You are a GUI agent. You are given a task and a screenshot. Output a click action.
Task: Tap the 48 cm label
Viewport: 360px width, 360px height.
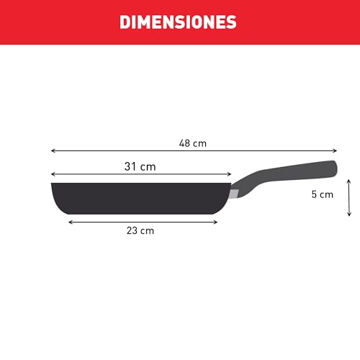click(x=193, y=143)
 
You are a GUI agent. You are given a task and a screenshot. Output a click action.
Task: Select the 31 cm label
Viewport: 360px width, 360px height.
click(x=140, y=166)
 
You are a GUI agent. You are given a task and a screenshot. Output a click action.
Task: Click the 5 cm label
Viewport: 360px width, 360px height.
click(x=322, y=194)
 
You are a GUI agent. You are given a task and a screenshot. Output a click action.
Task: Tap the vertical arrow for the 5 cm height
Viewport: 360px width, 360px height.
click(x=348, y=197)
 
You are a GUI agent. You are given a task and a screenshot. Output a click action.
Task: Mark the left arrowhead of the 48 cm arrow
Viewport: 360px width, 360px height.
click(x=53, y=151)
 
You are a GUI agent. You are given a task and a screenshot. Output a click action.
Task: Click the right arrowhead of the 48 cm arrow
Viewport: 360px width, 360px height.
click(x=335, y=151)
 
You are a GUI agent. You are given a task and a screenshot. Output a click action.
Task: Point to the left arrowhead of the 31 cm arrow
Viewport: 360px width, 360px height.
click(x=53, y=174)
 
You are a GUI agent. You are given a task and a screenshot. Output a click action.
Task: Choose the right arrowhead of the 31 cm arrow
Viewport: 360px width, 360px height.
click(x=230, y=174)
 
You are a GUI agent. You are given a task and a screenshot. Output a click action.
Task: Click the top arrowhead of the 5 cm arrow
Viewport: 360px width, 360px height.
click(x=348, y=181)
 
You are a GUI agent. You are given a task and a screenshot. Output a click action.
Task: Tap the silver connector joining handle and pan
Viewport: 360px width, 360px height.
click(x=235, y=193)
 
